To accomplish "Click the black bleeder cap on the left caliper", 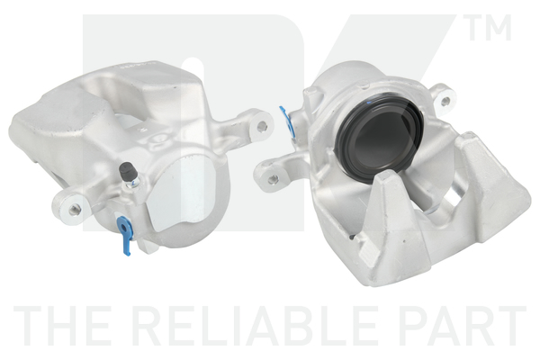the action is [126, 170].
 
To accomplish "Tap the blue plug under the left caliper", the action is [124, 234].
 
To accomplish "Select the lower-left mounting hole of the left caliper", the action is [74, 209].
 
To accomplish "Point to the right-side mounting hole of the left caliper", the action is [263, 126].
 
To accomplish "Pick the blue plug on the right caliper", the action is [287, 120].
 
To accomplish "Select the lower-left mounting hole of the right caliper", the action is [274, 179].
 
